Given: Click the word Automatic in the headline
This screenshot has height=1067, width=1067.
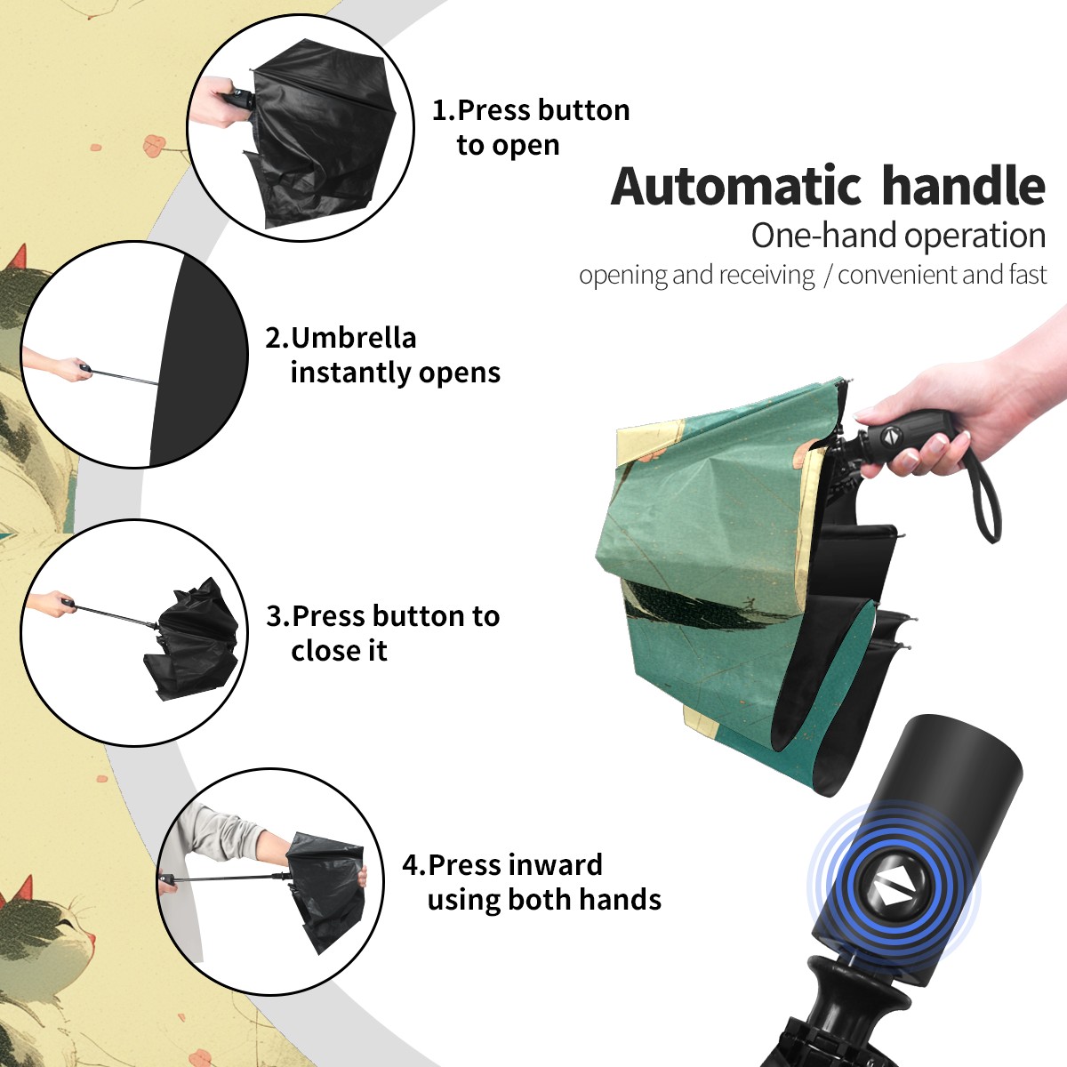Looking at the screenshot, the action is coord(736,187).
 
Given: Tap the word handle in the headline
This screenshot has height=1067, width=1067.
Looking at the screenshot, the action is coord(964,186).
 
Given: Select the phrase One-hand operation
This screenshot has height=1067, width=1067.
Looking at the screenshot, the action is coord(898,236).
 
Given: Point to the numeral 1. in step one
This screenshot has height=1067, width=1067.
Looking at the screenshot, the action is coord(444,110).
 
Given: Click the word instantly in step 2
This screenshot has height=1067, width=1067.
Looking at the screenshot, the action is coord(350,372).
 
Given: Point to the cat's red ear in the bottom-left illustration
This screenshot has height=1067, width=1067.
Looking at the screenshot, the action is coord(21,889).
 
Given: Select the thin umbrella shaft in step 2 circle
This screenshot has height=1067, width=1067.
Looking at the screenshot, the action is coord(124,376).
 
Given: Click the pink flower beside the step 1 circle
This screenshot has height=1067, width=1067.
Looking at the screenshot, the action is coord(155,146).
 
